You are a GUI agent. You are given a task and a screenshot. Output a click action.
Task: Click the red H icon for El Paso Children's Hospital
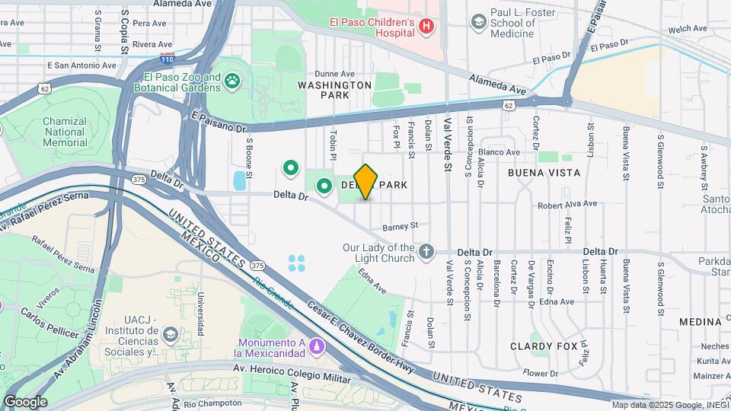pos(426,26)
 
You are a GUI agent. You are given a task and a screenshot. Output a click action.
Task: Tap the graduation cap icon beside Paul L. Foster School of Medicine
pos(478,21)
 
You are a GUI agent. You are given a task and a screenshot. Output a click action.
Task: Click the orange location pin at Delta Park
pos(366,182)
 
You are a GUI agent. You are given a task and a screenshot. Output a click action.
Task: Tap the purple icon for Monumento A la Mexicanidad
pos(316,346)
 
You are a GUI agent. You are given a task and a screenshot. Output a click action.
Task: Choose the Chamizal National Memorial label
pos(65,132)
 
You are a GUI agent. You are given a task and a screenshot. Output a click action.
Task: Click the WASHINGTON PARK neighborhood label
pos(334,91)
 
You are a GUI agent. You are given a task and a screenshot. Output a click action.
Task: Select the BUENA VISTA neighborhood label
pos(544,173)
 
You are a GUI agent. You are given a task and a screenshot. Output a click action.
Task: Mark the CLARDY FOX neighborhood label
pos(545,346)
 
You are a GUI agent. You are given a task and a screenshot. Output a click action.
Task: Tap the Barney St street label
pos(401,225)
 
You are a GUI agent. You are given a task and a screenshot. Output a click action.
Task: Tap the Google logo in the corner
pos(25,402)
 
